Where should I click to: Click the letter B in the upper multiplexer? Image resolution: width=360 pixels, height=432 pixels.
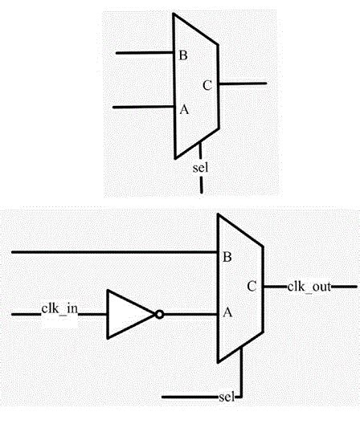[x=183, y=55]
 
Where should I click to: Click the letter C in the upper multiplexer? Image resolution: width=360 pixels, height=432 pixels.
[x=207, y=86]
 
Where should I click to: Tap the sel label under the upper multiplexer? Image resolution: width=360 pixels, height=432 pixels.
[x=201, y=168]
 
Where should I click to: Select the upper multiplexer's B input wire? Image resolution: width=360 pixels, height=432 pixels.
[x=145, y=54]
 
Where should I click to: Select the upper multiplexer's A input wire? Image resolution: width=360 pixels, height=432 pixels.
[x=143, y=107]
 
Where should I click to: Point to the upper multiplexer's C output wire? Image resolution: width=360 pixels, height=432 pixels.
[x=242, y=83]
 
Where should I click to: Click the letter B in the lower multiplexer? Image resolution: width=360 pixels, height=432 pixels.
[x=227, y=257]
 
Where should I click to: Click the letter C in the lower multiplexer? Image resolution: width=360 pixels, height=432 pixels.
[x=252, y=285]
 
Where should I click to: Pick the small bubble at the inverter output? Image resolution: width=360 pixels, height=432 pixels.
[x=160, y=314]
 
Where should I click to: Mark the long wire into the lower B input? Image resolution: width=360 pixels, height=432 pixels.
[x=112, y=253]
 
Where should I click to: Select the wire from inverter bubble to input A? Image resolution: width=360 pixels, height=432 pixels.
[x=190, y=314]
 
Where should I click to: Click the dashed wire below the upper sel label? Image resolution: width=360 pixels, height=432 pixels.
[x=201, y=185]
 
